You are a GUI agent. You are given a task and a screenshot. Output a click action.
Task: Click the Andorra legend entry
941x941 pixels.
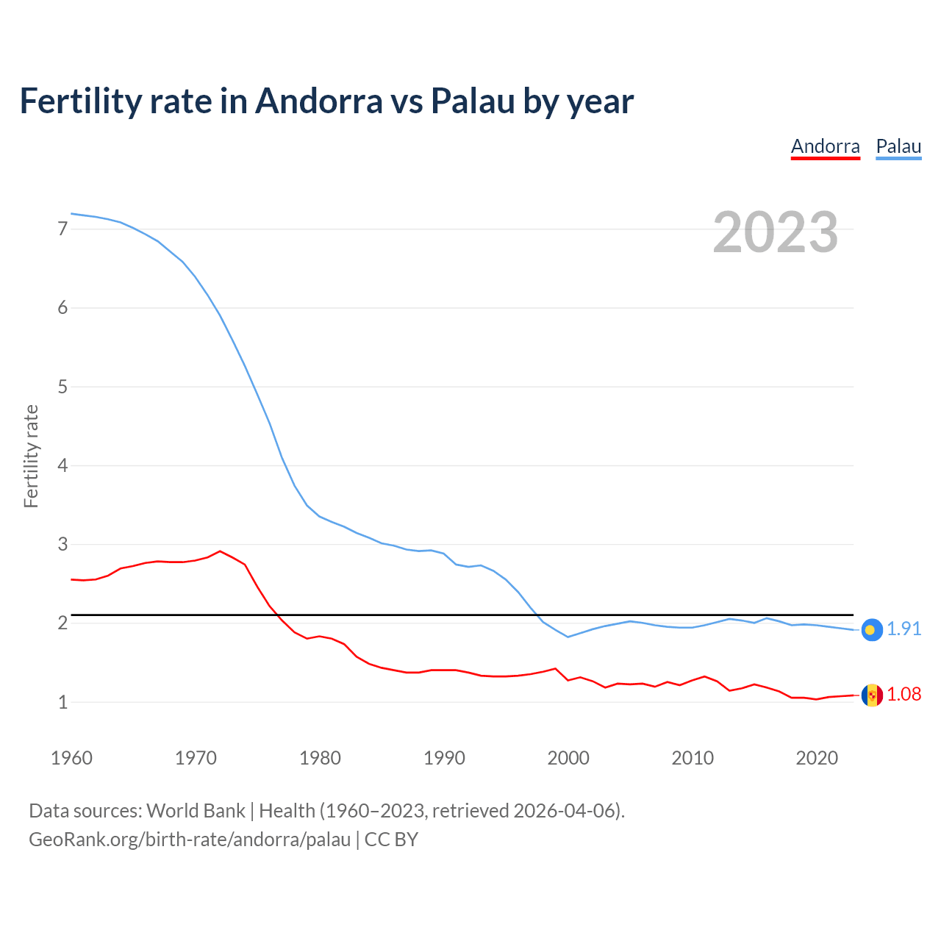(825, 146)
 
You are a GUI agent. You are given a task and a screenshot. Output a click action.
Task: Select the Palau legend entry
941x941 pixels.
(898, 146)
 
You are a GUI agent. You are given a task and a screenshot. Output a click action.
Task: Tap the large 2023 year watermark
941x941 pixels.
(775, 232)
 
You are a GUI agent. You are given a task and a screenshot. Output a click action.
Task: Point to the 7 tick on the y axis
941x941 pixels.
(62, 229)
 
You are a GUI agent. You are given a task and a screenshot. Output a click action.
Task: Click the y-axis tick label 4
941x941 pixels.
(62, 465)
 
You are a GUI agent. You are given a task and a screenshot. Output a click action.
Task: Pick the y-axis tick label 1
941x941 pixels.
(62, 702)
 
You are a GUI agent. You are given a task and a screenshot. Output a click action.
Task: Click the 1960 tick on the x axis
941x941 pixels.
(71, 758)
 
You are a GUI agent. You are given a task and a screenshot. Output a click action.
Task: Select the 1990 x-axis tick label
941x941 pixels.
(444, 758)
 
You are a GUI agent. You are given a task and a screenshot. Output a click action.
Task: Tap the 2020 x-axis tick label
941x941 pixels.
(817, 758)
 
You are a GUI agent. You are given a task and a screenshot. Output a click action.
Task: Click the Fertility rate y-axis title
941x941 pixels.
(31, 456)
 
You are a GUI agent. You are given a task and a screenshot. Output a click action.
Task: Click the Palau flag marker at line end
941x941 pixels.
(871, 629)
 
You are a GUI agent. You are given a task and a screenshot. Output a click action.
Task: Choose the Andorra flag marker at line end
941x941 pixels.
(871, 695)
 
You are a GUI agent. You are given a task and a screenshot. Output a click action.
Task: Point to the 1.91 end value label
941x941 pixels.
(904, 629)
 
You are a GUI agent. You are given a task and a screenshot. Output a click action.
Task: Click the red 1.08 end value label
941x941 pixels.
(904, 695)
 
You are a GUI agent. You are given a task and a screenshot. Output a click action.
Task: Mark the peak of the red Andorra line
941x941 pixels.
(220, 551)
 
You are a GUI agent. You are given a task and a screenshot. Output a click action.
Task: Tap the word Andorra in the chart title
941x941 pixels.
(318, 101)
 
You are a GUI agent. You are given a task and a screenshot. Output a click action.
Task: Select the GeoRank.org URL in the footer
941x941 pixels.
(190, 840)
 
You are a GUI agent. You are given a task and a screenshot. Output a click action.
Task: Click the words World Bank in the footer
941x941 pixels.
(196, 811)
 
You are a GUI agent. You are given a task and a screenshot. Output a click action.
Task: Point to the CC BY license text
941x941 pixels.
(391, 840)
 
